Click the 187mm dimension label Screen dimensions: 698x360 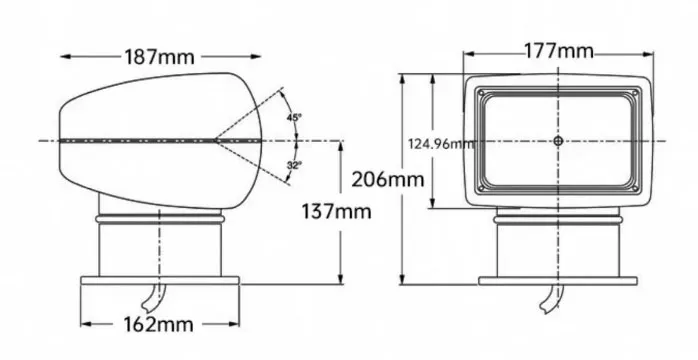pos(159,57)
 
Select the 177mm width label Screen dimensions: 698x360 pos(559,51)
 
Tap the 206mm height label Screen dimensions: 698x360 pos(388,180)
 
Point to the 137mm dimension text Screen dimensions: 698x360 pos(336,212)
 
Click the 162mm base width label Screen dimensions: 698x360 pos(158,325)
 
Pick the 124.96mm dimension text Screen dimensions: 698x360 pos(441,144)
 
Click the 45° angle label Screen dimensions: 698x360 pos(294,117)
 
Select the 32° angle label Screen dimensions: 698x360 pos(294,165)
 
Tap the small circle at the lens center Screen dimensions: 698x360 pos(558,141)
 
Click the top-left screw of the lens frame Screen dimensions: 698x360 pos(481,93)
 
